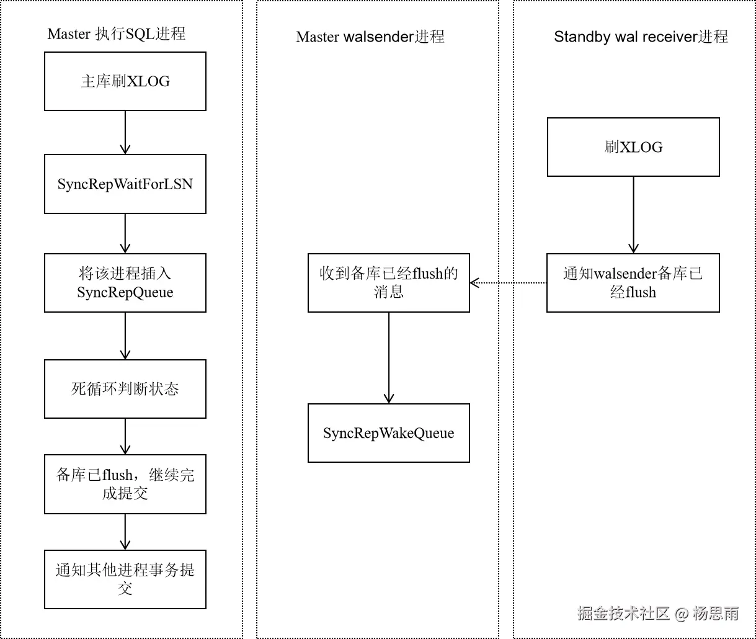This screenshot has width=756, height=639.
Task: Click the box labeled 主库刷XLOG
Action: [125, 81]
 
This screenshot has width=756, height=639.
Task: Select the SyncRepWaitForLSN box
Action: [125, 184]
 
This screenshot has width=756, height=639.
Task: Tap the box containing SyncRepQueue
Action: [125, 283]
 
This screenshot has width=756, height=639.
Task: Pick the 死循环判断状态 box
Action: [125, 389]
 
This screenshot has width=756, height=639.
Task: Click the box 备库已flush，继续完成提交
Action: [125, 484]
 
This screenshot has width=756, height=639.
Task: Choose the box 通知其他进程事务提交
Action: [125, 579]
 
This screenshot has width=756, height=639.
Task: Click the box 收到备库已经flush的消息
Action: [389, 283]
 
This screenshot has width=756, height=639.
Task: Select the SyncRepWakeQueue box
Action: [389, 433]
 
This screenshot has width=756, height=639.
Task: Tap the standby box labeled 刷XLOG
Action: [633, 147]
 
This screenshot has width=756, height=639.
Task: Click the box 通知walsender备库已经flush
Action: [633, 283]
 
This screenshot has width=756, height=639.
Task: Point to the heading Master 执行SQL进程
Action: [117, 34]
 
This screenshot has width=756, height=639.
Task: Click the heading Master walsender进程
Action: [370, 37]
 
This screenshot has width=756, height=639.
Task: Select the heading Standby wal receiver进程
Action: [641, 37]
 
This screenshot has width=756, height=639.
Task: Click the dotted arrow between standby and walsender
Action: [509, 283]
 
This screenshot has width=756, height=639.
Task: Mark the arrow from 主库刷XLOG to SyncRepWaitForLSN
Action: [125, 132]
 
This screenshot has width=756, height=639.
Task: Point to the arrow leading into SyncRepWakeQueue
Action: [389, 358]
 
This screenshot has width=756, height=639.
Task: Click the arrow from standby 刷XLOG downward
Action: [633, 215]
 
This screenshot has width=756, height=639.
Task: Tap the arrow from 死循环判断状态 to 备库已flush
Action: [125, 436]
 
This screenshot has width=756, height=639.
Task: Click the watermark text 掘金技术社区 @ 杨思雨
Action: [658, 614]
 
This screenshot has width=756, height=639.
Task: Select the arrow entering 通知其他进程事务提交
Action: [125, 532]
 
